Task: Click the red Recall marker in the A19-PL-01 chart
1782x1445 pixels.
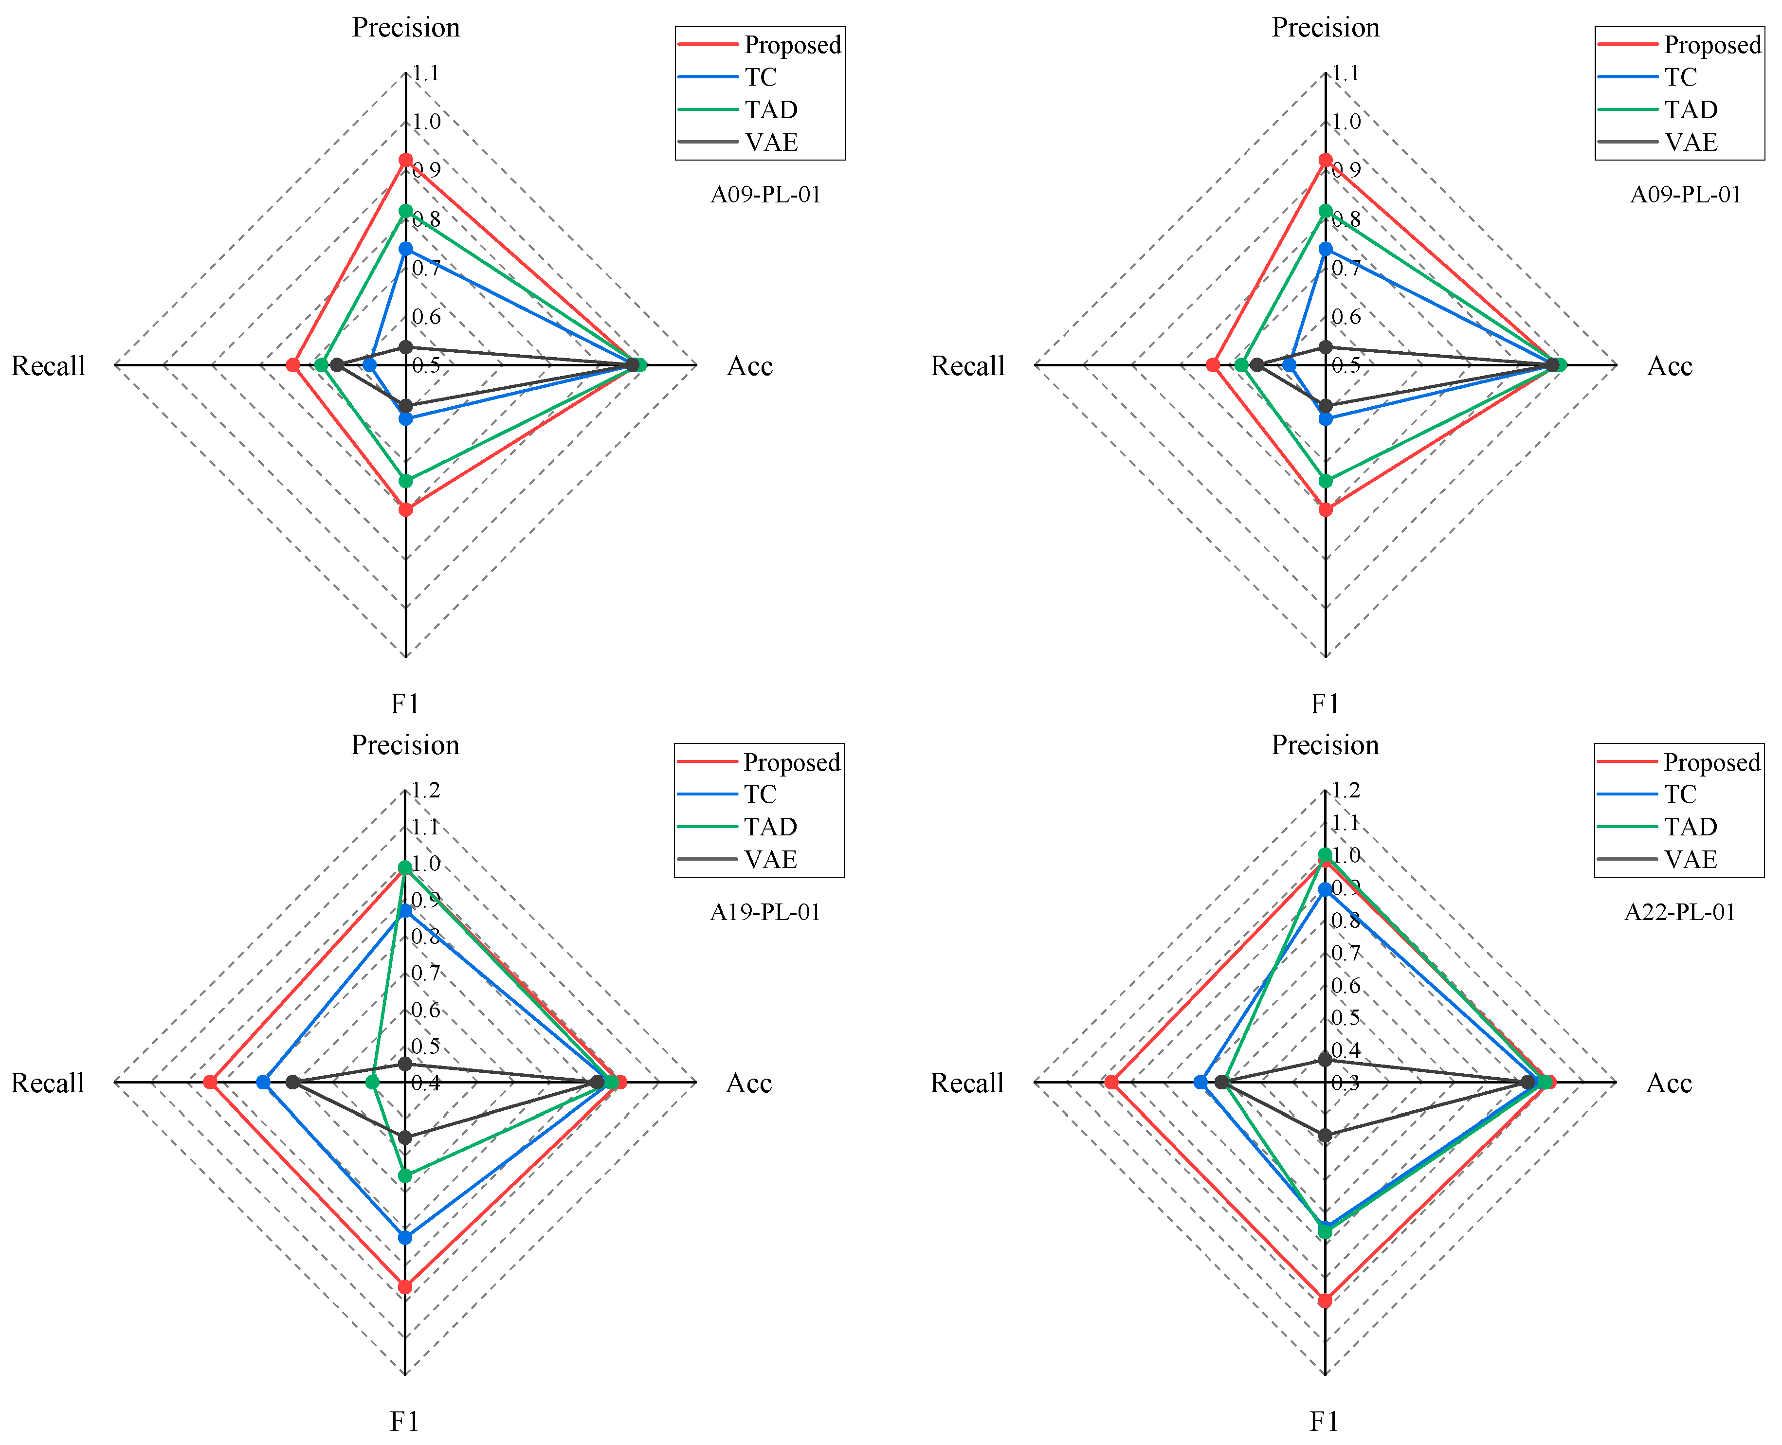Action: point(211,1082)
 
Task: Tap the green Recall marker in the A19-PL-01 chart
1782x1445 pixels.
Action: point(373,1082)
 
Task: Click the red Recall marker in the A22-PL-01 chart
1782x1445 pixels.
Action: point(1111,1082)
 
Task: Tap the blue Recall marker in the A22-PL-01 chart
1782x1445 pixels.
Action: point(1200,1082)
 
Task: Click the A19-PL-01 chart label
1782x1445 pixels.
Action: point(765,912)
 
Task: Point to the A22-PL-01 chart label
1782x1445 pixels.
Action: point(1680,912)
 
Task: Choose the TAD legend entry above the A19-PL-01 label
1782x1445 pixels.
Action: point(771,827)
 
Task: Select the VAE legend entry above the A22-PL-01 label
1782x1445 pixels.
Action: point(1691,859)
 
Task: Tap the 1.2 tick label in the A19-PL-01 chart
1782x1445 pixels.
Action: point(426,790)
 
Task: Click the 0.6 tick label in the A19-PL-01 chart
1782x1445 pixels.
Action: point(426,1010)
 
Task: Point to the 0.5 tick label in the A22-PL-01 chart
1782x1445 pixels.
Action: point(1346,1017)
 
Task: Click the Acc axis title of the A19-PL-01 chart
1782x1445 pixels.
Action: point(749,1083)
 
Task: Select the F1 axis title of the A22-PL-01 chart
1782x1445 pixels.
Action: point(1324,1421)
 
